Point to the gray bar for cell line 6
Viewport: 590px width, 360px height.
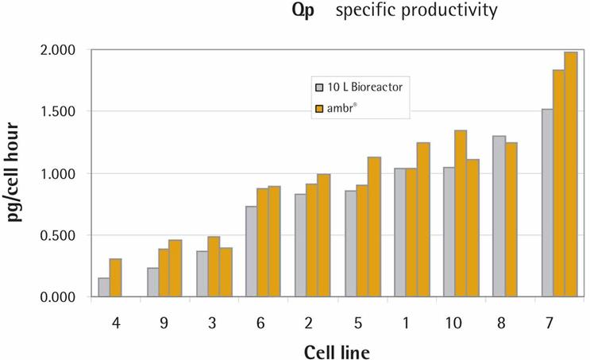coord(251,251)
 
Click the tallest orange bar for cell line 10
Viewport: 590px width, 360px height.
coord(460,213)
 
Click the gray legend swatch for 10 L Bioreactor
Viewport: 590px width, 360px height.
coord(320,86)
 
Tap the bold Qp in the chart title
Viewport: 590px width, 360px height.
coord(303,11)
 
